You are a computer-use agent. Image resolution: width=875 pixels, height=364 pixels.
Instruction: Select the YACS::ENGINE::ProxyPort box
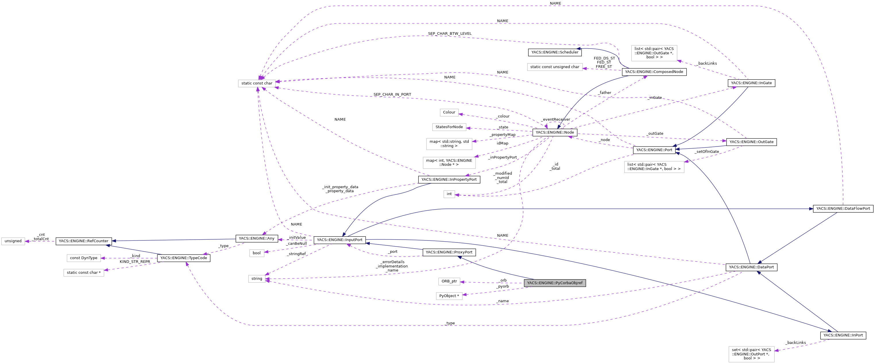coord(449,252)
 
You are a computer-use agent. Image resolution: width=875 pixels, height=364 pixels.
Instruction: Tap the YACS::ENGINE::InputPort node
coord(339,240)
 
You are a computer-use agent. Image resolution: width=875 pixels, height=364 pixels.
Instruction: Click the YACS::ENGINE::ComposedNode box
coord(654,72)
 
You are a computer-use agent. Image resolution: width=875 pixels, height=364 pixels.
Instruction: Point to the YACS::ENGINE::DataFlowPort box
coord(843,208)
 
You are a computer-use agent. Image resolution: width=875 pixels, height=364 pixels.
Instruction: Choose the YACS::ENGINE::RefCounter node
coord(83,241)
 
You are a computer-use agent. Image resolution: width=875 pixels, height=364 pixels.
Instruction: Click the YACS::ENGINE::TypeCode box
coord(184,258)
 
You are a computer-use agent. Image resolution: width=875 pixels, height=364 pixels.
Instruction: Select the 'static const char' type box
coord(256,83)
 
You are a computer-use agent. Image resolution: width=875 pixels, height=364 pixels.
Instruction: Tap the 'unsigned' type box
coord(13,241)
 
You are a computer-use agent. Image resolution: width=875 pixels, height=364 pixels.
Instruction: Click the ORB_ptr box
coord(449,282)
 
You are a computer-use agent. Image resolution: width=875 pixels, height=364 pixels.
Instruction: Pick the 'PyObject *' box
coord(449,296)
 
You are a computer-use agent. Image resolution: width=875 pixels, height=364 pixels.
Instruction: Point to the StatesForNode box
coord(449,127)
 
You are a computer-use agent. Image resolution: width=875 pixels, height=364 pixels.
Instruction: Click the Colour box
coord(449,112)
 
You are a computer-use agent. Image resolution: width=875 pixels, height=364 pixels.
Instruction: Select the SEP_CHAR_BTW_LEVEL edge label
coord(449,34)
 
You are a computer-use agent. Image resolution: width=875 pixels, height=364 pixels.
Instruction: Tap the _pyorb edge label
coord(502,286)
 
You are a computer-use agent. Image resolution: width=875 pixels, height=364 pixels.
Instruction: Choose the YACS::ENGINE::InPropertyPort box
coord(449,180)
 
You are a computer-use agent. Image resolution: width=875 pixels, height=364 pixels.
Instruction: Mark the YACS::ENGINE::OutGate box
coord(751,142)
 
